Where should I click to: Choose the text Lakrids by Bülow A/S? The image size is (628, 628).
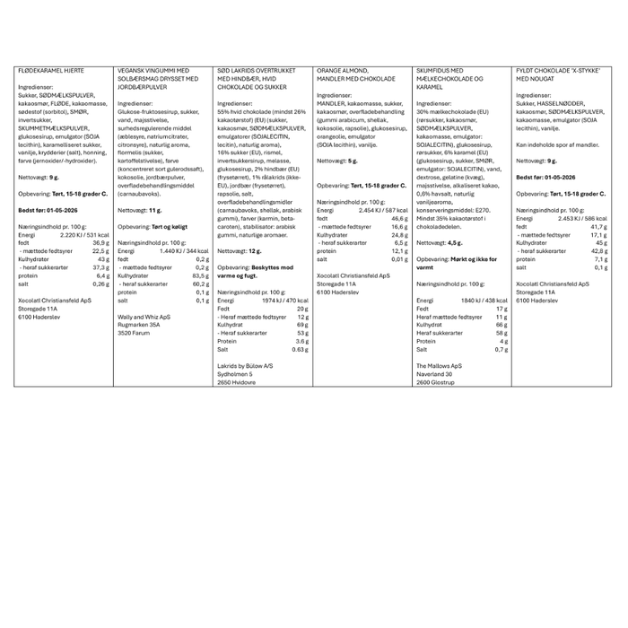pos(244,367)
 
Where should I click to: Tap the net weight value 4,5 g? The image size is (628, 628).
pos(456,242)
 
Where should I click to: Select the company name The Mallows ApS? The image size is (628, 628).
pos(440,367)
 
